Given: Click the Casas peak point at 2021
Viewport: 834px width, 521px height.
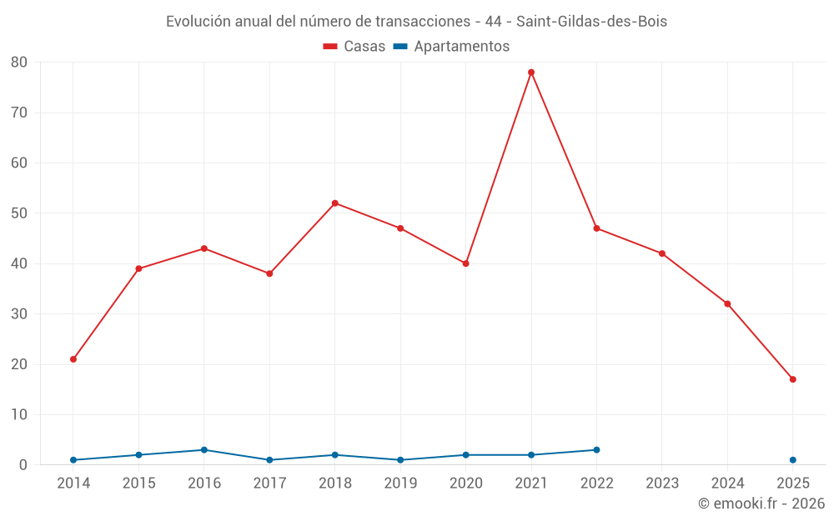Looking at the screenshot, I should coord(531,73).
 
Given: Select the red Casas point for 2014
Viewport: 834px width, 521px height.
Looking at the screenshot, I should coord(73,359).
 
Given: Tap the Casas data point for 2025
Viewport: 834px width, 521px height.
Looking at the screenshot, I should coord(793,379).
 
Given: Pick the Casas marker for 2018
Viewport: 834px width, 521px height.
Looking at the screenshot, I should coord(335,203).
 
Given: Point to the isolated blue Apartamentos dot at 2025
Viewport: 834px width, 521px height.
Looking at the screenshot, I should coord(793,460).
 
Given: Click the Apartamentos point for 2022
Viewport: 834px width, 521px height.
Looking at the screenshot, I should coord(596,450).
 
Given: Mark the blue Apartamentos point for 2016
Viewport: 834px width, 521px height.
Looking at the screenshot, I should coord(204,450).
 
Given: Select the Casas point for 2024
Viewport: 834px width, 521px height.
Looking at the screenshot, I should coord(727,303).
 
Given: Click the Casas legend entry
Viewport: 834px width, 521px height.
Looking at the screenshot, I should coord(354,47).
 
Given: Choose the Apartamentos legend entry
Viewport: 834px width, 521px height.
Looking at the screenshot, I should coord(451,47).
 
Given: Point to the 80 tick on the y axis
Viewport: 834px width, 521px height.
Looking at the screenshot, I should coord(19,63).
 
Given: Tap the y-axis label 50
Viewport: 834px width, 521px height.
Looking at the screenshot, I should coord(19,213).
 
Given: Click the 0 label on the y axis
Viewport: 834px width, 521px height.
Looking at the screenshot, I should coord(23,465).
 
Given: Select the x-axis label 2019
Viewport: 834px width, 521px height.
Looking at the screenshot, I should coord(400,483).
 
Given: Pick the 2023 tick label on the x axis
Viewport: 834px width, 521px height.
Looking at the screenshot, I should coord(662,483).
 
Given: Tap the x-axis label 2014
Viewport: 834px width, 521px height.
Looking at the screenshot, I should coord(73,483).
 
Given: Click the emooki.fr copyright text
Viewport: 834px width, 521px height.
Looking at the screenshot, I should coord(761,503).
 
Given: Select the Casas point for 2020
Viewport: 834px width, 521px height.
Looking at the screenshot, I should coord(466,263).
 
